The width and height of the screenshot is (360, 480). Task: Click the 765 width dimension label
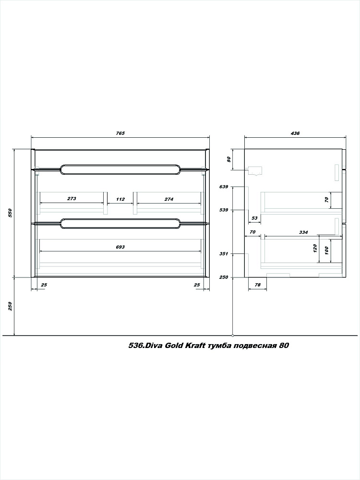(x=120, y=133)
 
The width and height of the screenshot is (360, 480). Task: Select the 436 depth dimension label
(x=295, y=133)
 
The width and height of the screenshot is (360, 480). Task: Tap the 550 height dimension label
(x=10, y=213)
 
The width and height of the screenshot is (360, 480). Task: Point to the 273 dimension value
(x=72, y=199)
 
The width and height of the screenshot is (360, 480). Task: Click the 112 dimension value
(x=120, y=199)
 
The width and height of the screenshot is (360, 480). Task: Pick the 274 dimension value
(x=168, y=199)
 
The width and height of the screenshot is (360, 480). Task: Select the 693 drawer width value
(x=120, y=247)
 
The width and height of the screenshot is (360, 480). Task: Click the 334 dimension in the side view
(x=303, y=232)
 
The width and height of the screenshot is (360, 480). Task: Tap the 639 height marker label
(x=224, y=187)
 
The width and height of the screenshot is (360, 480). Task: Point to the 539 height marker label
(x=224, y=210)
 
